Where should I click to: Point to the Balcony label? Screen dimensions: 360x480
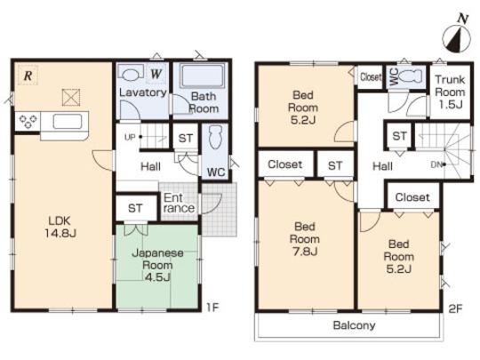354,325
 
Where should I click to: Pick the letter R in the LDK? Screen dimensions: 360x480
28,76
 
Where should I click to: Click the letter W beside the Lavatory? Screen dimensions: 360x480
155,74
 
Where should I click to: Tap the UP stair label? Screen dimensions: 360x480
130,137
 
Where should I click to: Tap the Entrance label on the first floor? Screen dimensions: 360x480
178,203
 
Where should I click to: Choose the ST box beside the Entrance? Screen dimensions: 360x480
135,208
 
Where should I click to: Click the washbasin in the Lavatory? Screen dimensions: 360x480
132,75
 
